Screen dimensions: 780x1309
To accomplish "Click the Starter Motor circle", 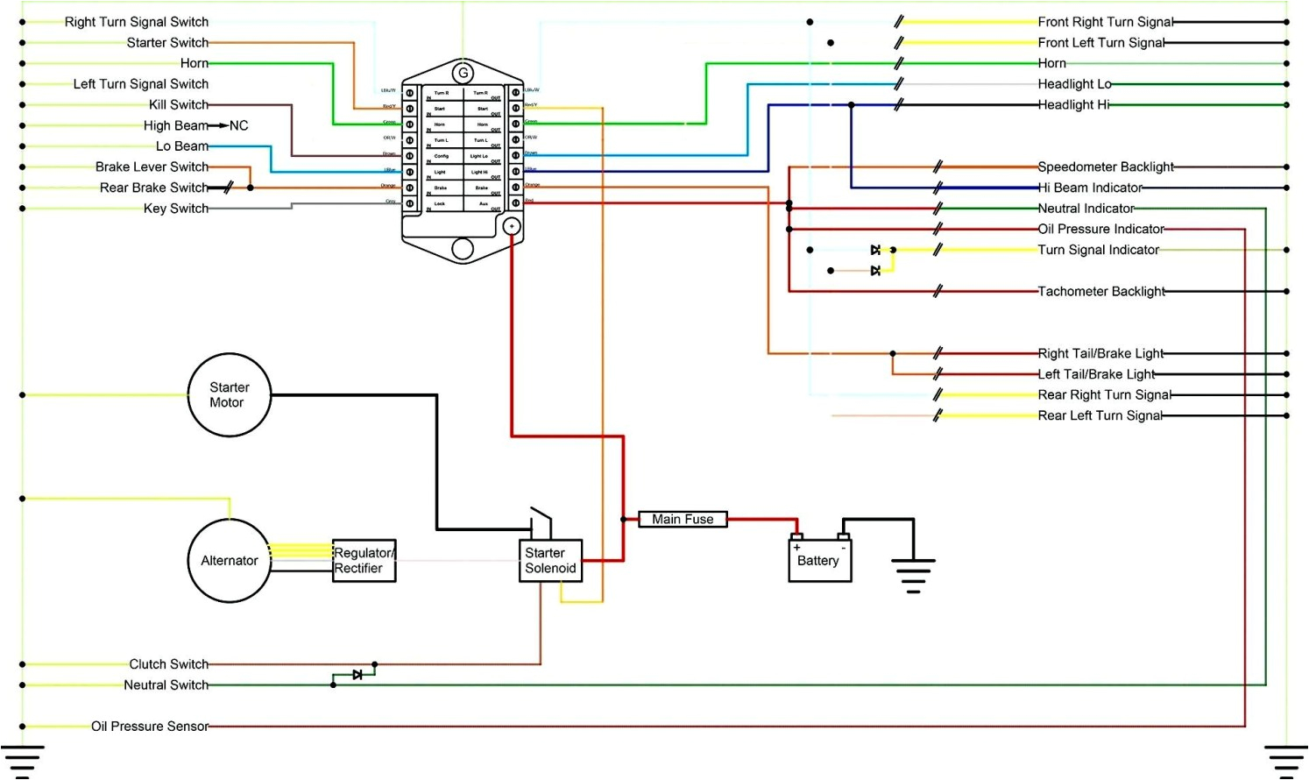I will coord(229,395).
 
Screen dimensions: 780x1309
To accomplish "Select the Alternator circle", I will coord(229,561).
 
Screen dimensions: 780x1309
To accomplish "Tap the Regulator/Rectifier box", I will coord(364,561).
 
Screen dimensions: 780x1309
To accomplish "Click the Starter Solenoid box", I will coord(550,561).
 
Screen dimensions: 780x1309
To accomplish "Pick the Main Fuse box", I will coord(683,519).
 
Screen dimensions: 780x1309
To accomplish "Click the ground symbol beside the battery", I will coord(913,574).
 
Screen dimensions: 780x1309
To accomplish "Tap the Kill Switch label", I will coord(179,104).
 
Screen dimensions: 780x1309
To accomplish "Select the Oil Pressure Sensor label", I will coord(150,727).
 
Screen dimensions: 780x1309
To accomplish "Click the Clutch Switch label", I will coord(169,664).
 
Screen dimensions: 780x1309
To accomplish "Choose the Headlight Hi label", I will coord(1073,105).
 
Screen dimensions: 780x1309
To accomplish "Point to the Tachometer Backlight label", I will coord(1101,292).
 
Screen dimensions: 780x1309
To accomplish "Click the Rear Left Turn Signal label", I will coord(1100,416).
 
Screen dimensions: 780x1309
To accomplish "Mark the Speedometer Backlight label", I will coord(1106,167).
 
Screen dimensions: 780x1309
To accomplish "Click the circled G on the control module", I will coord(463,73).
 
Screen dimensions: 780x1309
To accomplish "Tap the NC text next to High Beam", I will coord(238,126).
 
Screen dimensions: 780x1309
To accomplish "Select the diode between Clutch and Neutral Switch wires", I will coord(357,675).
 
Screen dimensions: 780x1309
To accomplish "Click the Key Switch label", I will coord(176,209).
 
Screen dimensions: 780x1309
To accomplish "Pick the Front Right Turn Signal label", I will coord(1106,22).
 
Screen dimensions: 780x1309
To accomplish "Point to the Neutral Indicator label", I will coord(1086,209).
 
